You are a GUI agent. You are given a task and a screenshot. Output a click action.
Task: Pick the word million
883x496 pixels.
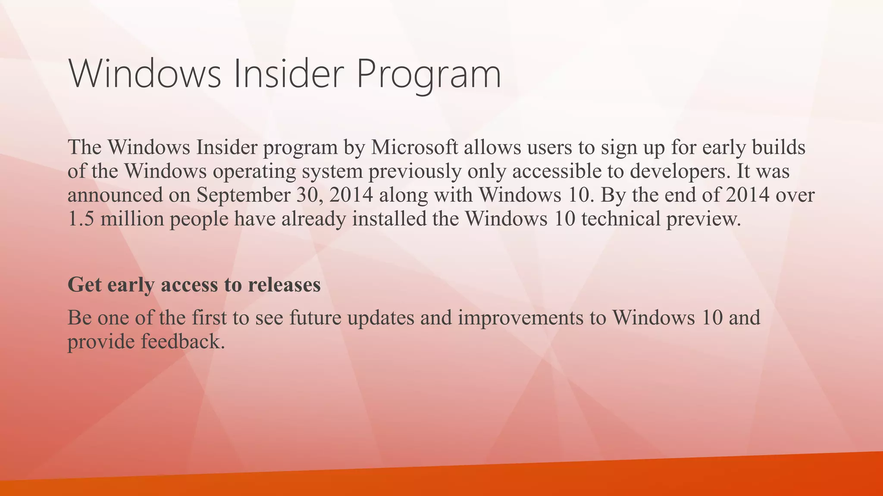tap(132, 219)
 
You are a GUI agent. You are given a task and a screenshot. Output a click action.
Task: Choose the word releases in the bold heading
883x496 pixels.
tap(284, 285)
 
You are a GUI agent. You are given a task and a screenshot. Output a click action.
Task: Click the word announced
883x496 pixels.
tap(115, 195)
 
